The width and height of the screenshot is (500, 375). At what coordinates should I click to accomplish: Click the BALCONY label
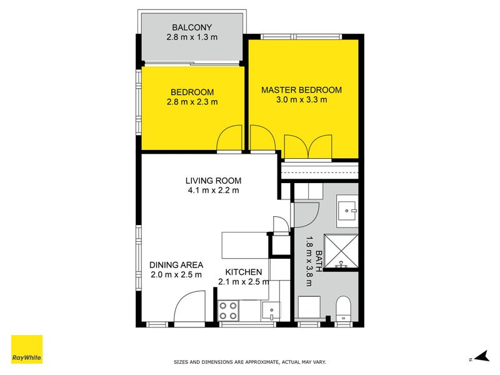click(x=192, y=27)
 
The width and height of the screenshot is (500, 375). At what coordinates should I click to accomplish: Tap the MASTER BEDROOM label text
click(x=301, y=90)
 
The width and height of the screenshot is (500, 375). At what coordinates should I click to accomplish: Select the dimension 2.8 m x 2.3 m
click(x=192, y=102)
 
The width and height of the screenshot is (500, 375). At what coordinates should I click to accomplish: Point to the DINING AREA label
click(x=176, y=264)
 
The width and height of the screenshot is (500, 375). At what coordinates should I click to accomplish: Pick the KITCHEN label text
click(x=243, y=272)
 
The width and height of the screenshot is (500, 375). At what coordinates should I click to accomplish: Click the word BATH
click(x=318, y=261)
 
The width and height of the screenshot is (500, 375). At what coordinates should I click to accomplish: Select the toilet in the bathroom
click(x=344, y=309)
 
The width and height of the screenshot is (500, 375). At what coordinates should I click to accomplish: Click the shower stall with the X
click(x=341, y=251)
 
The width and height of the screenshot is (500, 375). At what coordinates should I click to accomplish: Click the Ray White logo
click(x=27, y=349)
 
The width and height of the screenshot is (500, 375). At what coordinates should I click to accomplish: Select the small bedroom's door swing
click(x=229, y=139)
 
